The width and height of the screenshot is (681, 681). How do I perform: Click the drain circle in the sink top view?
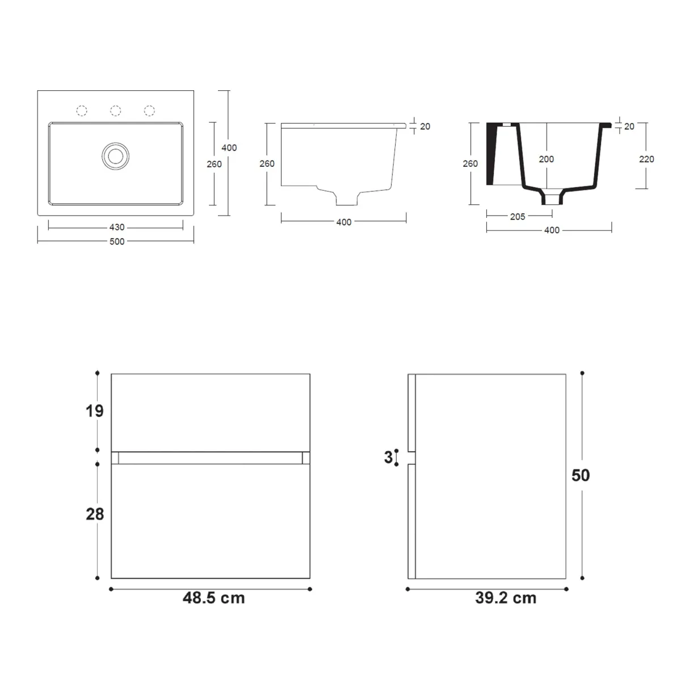(x=116, y=155)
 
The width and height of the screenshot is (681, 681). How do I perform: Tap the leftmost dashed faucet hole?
(x=82, y=110)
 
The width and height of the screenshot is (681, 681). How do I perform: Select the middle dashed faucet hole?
(x=116, y=110)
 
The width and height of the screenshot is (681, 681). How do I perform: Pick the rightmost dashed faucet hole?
(x=149, y=110)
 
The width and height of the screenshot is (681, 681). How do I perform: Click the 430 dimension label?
(x=116, y=228)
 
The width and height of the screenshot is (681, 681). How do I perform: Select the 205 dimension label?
(x=518, y=216)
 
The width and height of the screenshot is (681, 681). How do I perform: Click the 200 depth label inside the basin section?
(x=546, y=159)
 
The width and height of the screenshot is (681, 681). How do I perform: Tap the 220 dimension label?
(x=646, y=159)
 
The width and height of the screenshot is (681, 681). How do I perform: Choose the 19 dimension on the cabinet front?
(x=95, y=411)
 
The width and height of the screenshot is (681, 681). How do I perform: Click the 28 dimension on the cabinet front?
(x=95, y=514)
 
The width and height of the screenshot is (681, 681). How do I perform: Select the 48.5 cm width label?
(x=213, y=598)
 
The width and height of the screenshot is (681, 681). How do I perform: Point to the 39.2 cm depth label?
(x=505, y=598)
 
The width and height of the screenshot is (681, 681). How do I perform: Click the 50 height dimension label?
(x=581, y=476)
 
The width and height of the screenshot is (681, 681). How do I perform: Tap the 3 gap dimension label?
(x=388, y=457)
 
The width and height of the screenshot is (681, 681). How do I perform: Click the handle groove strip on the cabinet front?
(x=211, y=457)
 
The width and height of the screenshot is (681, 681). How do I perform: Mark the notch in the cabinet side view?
(x=413, y=457)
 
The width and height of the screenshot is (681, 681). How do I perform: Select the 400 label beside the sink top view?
(x=229, y=148)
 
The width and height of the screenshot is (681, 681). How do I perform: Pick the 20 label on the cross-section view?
(x=629, y=127)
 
